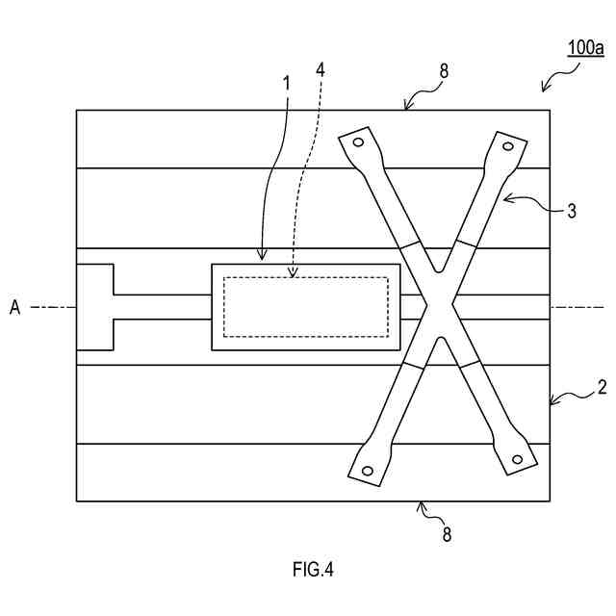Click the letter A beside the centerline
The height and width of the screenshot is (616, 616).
tap(14, 307)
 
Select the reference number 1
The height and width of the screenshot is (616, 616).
tap(286, 83)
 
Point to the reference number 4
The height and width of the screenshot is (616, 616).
tap(321, 69)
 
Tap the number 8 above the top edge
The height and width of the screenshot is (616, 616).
tap(444, 70)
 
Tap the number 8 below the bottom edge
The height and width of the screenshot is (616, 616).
tap(444, 531)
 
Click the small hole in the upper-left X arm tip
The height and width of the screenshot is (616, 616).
tap(358, 143)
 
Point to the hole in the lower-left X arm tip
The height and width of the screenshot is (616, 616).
tap(367, 471)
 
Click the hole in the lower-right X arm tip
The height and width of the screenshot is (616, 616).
tap(517, 460)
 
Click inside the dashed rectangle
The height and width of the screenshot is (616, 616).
tap(306, 307)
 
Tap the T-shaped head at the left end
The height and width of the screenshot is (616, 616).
tap(95, 307)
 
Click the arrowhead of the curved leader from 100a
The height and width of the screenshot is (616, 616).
tap(543, 91)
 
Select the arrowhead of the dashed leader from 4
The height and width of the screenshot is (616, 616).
tap(291, 277)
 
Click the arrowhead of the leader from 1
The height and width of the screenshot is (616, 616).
tap(260, 261)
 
